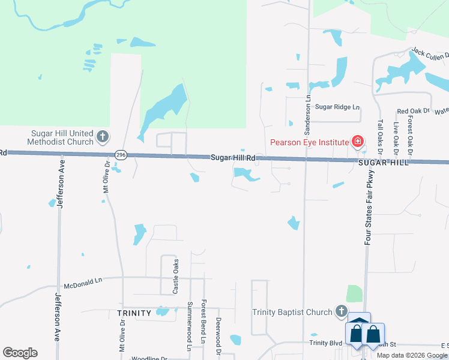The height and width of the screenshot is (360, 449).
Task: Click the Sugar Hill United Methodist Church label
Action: [62, 137]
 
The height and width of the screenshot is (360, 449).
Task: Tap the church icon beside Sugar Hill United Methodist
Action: [102, 137]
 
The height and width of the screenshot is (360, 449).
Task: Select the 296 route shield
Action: [121, 155]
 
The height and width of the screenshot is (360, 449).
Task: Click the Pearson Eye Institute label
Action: [309, 142]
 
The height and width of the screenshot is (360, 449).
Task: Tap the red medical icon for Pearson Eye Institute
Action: [358, 142]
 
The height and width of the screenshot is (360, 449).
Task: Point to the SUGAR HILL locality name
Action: [384, 163]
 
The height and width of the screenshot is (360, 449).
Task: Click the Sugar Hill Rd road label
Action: [233, 158]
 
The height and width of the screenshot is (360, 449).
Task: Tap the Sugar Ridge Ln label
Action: [337, 107]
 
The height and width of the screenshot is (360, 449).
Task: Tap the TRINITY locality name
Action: [133, 313]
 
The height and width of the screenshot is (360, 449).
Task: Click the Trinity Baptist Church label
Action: [292, 312]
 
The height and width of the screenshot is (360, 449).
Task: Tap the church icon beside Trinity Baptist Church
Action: [341, 311]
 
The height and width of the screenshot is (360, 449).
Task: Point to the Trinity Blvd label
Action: [325, 343]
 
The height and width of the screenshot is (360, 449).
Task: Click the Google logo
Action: [20, 353]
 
